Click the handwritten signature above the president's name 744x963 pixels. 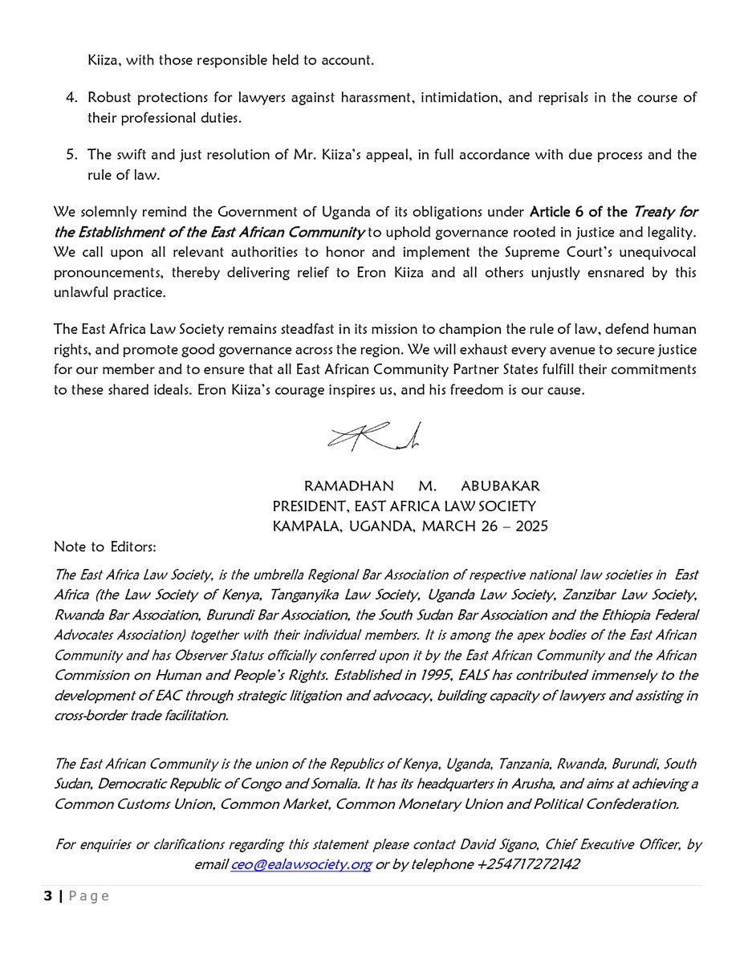tap(373, 436)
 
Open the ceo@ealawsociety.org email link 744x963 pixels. tap(301, 865)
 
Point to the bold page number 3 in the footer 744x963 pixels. tap(47, 896)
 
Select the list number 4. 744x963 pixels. tap(71, 97)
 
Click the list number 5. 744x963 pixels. tap(71, 154)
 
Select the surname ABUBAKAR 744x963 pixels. tap(505, 486)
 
